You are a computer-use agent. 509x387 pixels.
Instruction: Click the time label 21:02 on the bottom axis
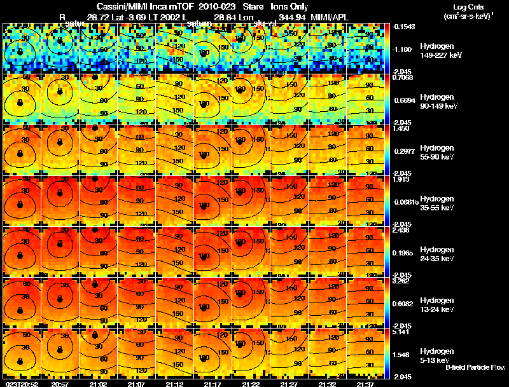coord(98,384)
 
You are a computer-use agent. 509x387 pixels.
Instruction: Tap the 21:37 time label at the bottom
coord(365,384)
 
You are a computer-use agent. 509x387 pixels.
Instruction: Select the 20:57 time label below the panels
coord(60,384)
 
